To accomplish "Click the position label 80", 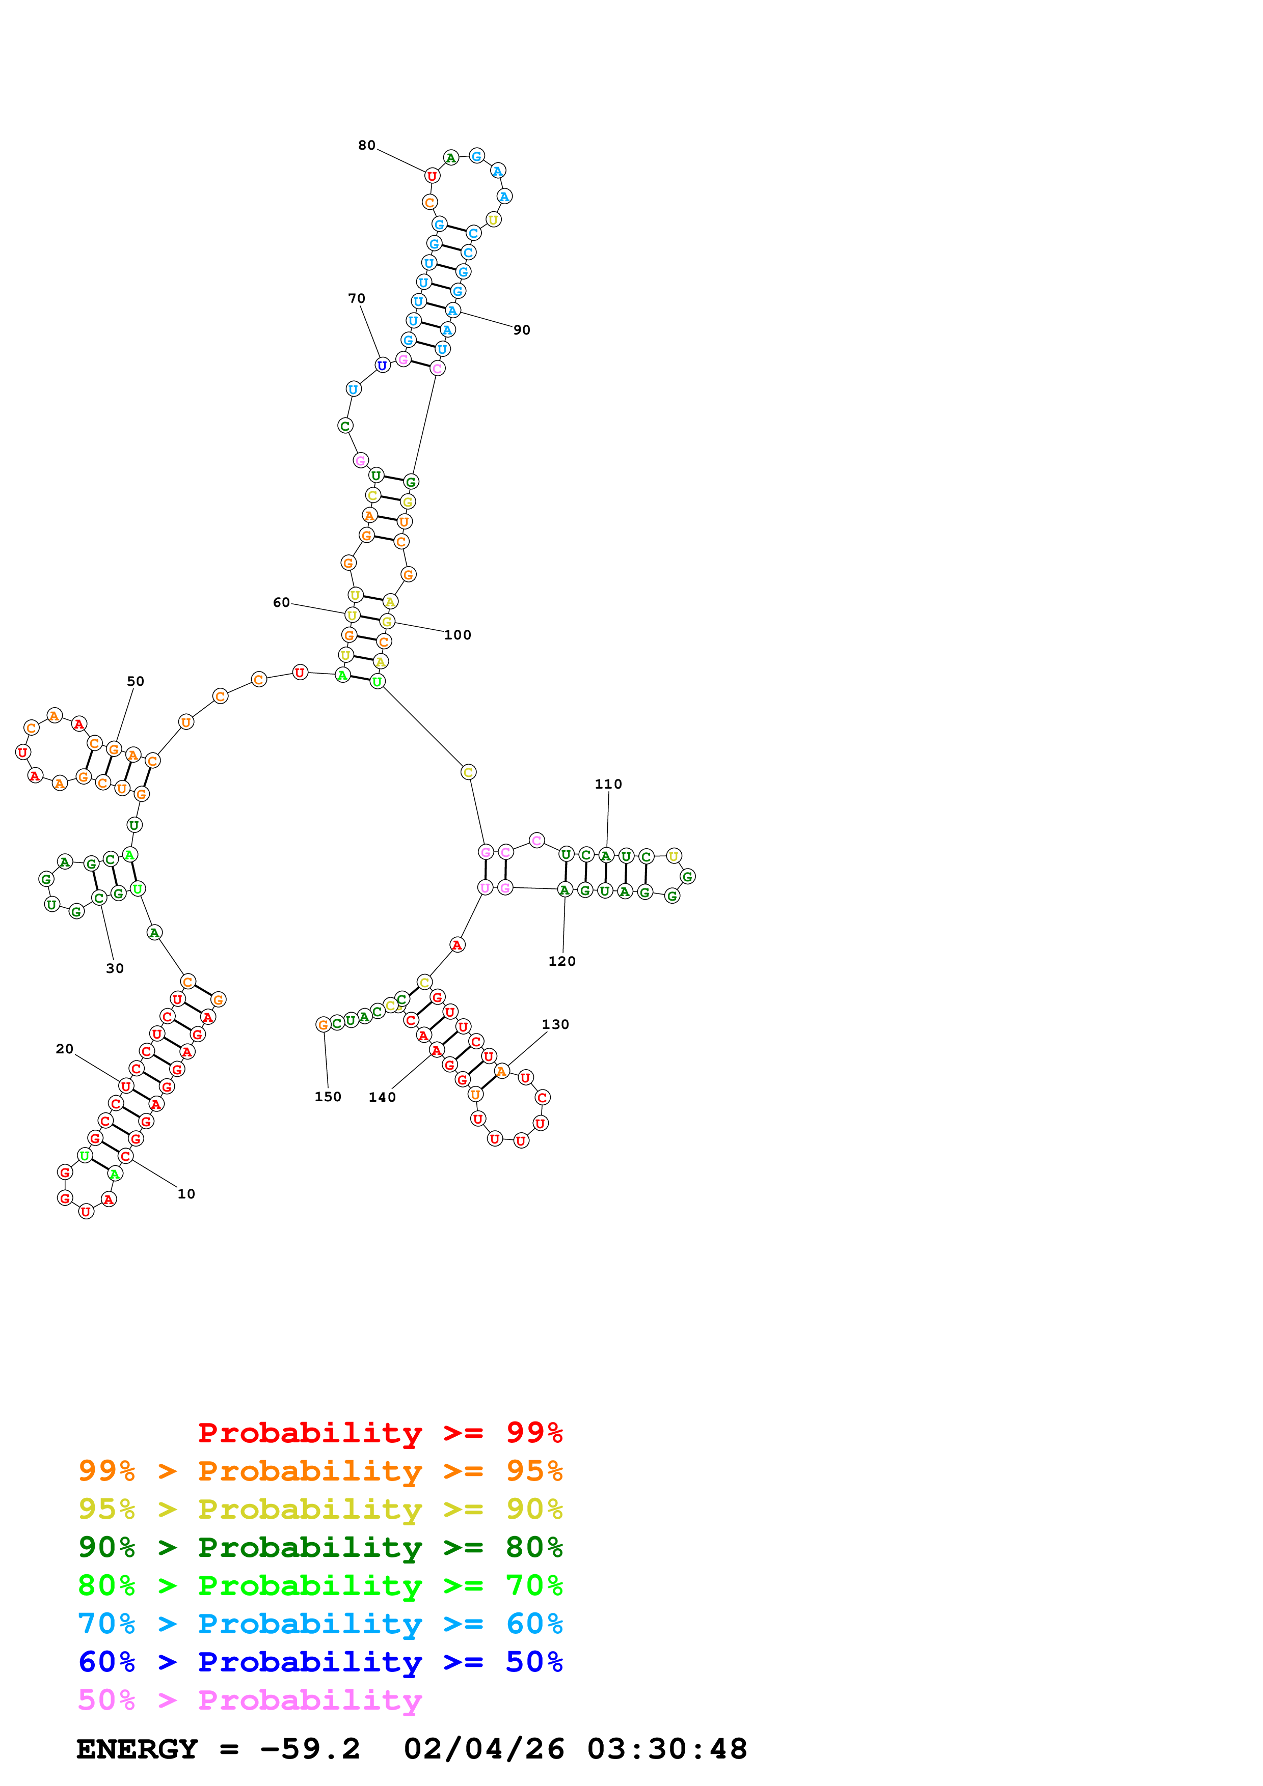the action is (366, 146).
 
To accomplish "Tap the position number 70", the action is (357, 299).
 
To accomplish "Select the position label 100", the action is (458, 635).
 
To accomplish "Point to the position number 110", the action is (608, 784).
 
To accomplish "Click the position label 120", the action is (562, 961).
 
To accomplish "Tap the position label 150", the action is (328, 1097).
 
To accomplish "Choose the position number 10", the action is (186, 1194).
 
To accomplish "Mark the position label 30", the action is (115, 968).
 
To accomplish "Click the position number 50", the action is (136, 681).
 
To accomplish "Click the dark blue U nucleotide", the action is (382, 365).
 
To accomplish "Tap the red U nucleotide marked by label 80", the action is (432, 177).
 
